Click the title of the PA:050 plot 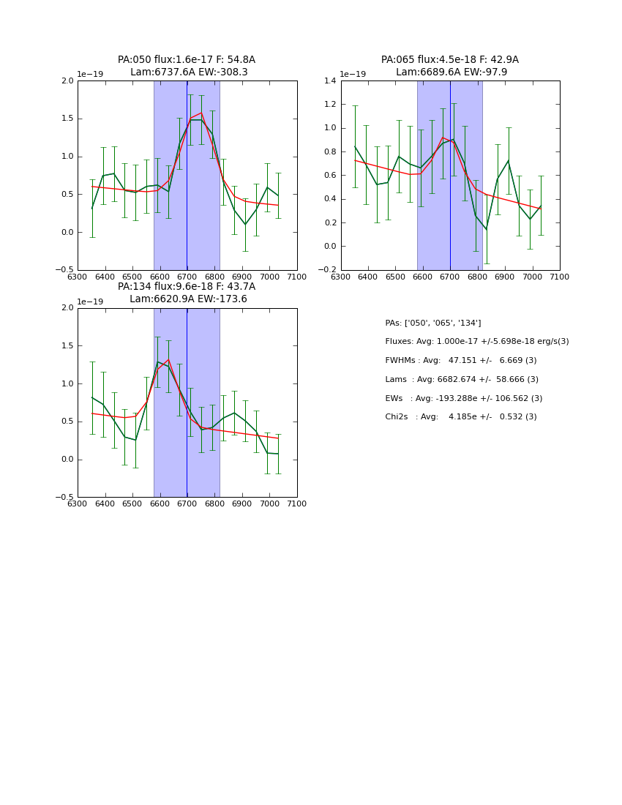tap(187, 66)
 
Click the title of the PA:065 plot tap(450, 66)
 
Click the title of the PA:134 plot tap(187, 293)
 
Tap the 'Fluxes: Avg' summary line tap(476, 342)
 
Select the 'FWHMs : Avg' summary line tap(460, 361)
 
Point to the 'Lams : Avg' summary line tap(461, 380)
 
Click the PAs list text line tap(432, 323)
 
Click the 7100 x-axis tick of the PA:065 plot tap(560, 277)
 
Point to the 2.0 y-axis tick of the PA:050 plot tap(67, 81)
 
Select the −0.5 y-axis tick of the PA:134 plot tap(65, 498)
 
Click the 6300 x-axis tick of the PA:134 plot tap(78, 503)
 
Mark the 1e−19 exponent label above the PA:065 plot tap(353, 75)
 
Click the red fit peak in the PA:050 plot tap(201, 113)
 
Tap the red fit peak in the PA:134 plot tap(168, 359)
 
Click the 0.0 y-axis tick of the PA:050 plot tap(67, 233)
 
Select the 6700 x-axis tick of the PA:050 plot tap(187, 277)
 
